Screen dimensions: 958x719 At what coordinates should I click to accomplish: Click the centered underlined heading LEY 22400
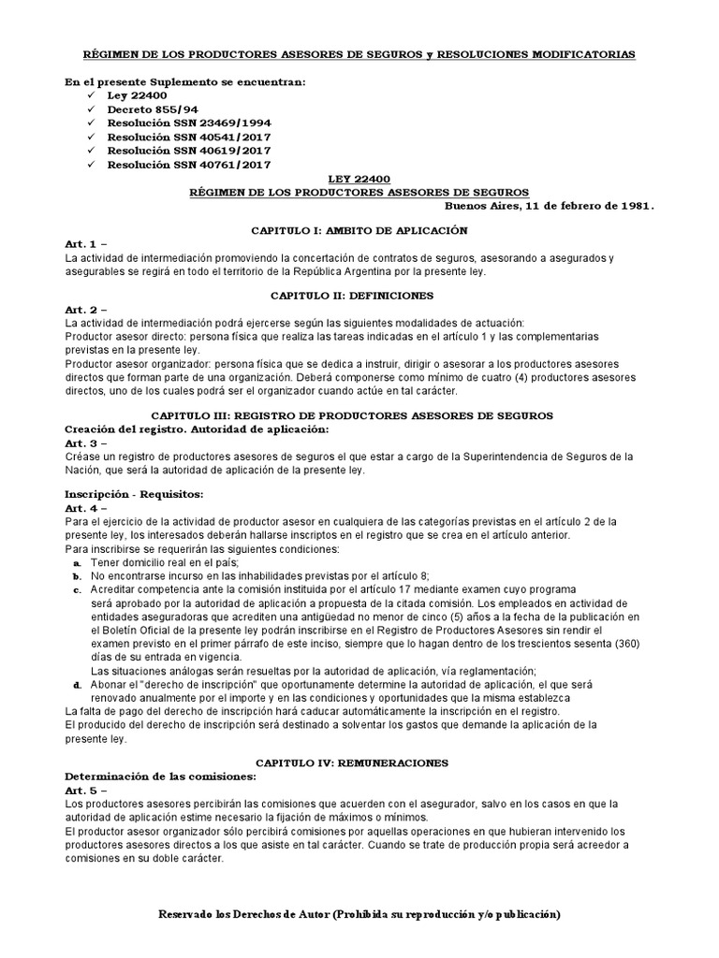359,177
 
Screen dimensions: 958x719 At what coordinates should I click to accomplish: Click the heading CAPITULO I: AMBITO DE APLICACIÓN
359,230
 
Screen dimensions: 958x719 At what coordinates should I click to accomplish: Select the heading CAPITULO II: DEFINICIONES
359,295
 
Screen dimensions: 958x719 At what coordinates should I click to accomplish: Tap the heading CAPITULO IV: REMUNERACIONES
359,762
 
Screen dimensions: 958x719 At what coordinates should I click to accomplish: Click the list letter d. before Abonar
76,686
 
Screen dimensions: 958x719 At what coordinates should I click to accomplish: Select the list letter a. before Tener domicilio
76,564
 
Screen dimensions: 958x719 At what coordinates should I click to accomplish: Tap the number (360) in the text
621,644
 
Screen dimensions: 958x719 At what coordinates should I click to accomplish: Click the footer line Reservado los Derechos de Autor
359,913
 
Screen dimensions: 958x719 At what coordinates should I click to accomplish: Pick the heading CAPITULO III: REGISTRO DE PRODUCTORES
359,414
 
